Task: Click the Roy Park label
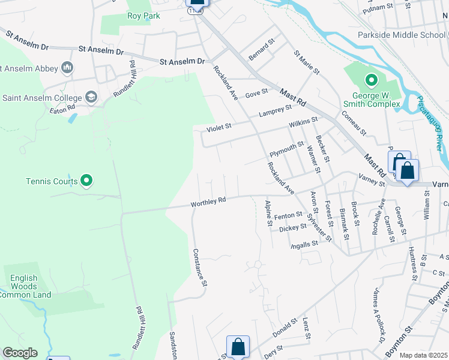click(143, 16)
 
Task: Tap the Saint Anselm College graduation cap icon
click(91, 97)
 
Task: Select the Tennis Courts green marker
click(86, 180)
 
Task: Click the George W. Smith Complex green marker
click(372, 80)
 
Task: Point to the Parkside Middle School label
click(402, 35)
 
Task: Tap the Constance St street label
click(200, 268)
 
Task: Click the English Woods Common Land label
click(25, 286)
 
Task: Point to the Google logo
click(20, 352)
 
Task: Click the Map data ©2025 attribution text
click(423, 355)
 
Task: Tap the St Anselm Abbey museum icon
click(67, 67)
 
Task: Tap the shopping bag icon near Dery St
click(238, 346)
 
